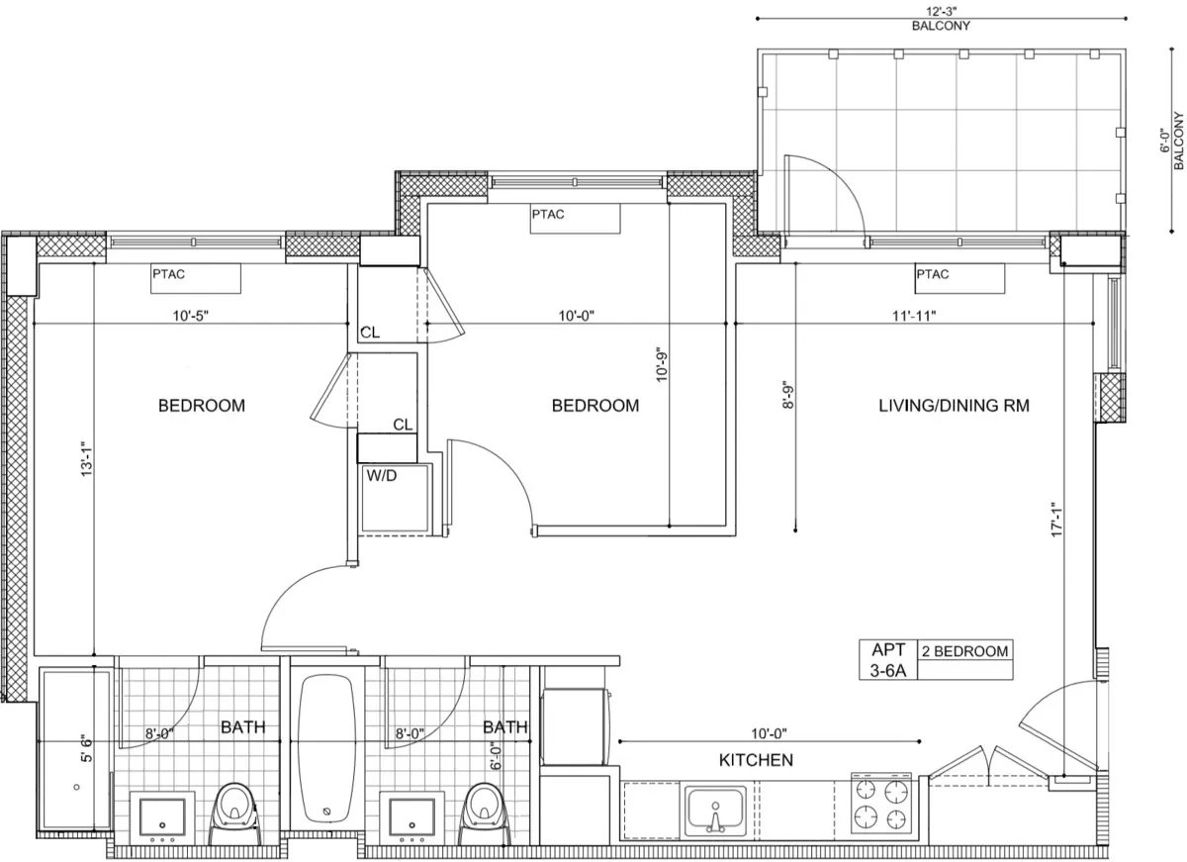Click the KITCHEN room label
(756, 760)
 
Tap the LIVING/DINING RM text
(955, 406)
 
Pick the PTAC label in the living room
(932, 274)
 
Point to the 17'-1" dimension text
(1057, 520)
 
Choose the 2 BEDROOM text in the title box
(964, 651)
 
